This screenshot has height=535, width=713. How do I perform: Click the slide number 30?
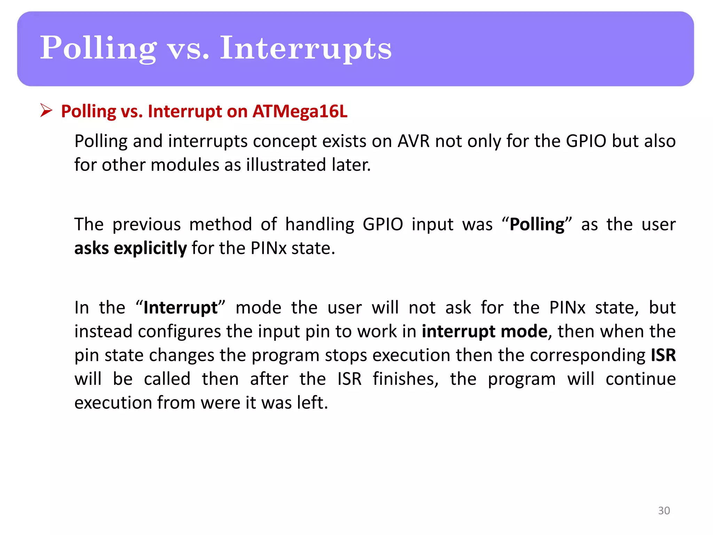664,510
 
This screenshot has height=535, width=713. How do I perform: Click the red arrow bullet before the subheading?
46,110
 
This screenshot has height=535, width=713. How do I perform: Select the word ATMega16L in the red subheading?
300,111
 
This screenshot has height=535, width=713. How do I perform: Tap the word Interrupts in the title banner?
305,49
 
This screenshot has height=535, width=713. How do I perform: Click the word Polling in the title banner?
98,49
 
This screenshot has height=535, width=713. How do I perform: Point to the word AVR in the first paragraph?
413,141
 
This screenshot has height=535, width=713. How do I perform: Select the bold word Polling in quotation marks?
537,225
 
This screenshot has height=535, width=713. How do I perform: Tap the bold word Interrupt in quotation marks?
180,308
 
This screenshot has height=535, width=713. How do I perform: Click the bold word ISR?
663,355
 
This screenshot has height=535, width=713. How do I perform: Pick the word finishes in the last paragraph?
405,379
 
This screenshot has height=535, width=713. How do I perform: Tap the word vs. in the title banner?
188,49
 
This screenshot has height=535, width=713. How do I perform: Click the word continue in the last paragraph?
640,379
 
